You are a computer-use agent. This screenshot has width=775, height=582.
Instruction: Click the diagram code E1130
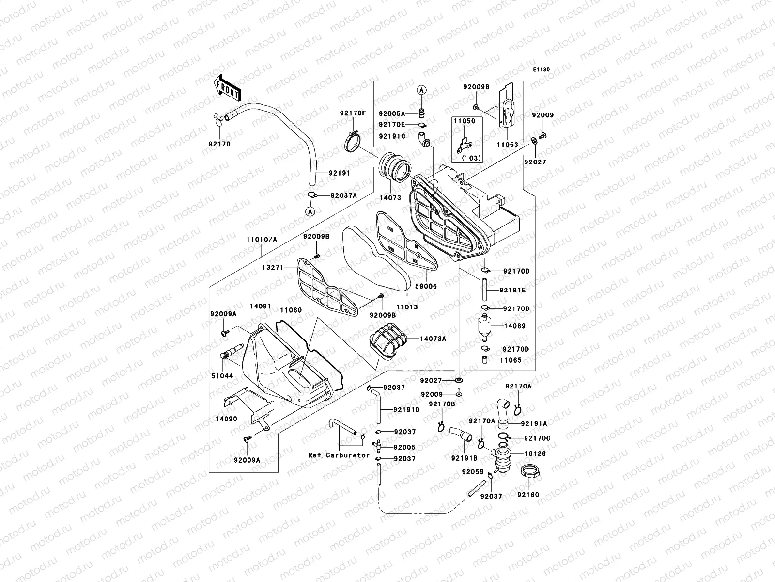(x=542, y=70)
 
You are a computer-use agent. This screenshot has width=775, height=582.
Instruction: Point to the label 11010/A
(x=262, y=240)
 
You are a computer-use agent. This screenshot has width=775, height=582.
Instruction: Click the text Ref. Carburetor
(x=339, y=455)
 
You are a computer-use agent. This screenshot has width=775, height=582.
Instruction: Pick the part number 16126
(x=534, y=454)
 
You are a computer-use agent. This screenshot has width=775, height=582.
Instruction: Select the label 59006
(x=426, y=286)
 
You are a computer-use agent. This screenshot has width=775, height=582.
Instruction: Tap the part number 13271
(x=273, y=267)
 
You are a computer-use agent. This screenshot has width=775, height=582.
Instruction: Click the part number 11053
(x=507, y=145)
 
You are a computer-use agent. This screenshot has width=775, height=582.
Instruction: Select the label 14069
(x=514, y=326)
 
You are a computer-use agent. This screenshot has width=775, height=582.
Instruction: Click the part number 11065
(x=511, y=360)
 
